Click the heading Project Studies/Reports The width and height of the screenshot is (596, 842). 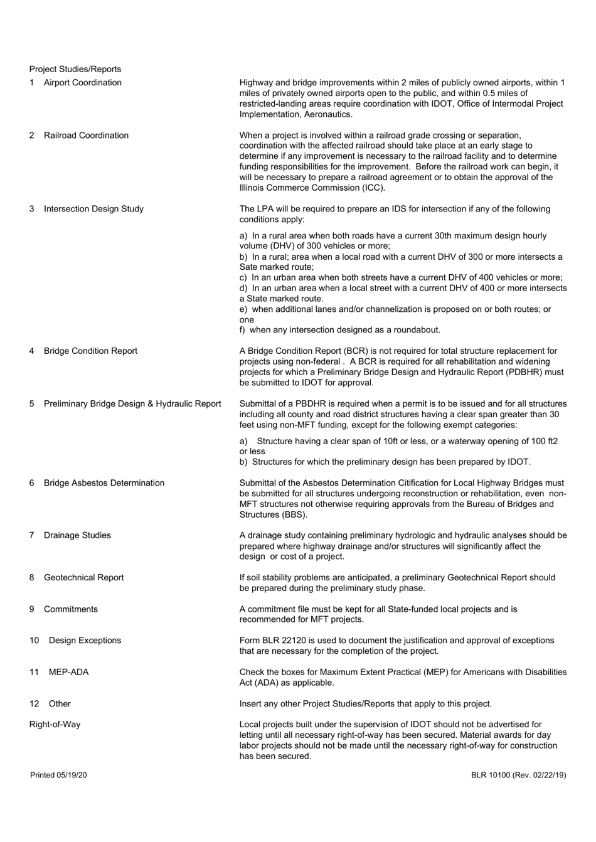pos(75,69)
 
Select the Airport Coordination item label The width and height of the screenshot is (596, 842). pos(83,83)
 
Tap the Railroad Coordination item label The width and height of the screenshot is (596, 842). pos(86,136)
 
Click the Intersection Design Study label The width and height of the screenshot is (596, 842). pos(93,209)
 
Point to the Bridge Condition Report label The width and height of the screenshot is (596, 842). pos(90,351)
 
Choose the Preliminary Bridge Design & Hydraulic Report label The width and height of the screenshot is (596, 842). pos(132,403)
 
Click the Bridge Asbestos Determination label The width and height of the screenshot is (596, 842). pos(104,483)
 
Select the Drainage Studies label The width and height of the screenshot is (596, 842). pos(77,535)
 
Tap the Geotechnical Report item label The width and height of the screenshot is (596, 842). pos(83,577)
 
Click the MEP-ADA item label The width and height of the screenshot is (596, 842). pos(68,672)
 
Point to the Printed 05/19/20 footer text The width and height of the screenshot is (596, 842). pos(58,775)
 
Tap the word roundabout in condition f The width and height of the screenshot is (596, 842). pos(415,330)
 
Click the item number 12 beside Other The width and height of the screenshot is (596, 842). pos(34,704)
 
